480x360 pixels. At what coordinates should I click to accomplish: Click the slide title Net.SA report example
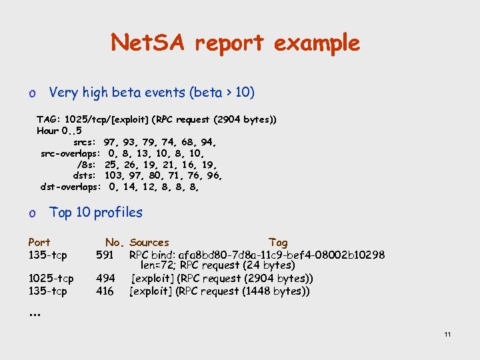click(x=235, y=43)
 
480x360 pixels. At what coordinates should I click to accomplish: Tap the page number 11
click(x=447, y=334)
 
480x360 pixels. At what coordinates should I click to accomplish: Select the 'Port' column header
click(x=39, y=242)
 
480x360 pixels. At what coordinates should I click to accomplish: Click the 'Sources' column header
click(x=149, y=242)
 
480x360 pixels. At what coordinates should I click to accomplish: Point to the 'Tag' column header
click(x=278, y=242)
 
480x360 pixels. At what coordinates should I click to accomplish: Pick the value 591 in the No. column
click(x=105, y=255)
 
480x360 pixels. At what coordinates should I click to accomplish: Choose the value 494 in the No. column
click(x=105, y=279)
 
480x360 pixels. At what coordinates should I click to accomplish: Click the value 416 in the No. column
click(x=105, y=291)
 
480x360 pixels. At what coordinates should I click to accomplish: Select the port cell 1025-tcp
click(x=51, y=279)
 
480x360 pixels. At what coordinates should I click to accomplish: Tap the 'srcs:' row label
click(x=85, y=142)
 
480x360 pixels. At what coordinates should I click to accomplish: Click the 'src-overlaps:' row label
click(x=71, y=153)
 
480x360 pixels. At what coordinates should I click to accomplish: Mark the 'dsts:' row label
click(x=86, y=175)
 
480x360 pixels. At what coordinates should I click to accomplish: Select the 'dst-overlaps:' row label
click(x=71, y=187)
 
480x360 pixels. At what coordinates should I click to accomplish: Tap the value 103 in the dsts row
click(x=114, y=175)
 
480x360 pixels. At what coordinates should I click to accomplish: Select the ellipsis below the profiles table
click(x=33, y=314)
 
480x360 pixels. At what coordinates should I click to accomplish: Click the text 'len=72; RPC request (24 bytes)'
click(x=219, y=266)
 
